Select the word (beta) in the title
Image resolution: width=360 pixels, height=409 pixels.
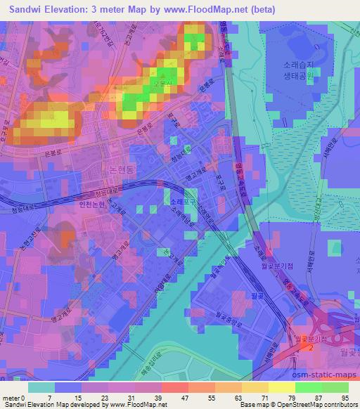pyautogui.click(x=259, y=9)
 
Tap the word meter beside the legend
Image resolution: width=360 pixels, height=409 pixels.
pyautogui.click(x=11, y=397)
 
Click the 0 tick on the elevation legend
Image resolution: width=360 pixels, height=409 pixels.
pyautogui.click(x=27, y=397)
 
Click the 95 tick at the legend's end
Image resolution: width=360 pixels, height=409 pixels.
pyautogui.click(x=344, y=397)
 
